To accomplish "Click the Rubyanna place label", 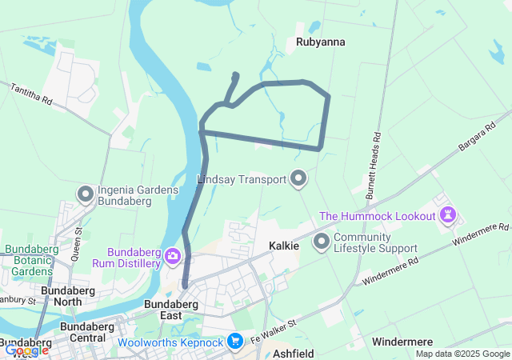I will [319, 41].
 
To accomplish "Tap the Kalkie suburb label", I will [283, 246].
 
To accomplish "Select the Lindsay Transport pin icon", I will [299, 178].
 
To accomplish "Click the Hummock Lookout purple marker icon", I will [448, 215].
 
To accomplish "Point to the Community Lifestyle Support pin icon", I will [322, 241].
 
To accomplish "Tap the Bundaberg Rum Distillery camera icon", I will [173, 257].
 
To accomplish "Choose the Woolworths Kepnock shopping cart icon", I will [234, 342].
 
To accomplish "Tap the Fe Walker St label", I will [274, 330].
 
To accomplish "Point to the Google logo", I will [26, 350].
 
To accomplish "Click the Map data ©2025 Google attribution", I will [462, 354].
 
